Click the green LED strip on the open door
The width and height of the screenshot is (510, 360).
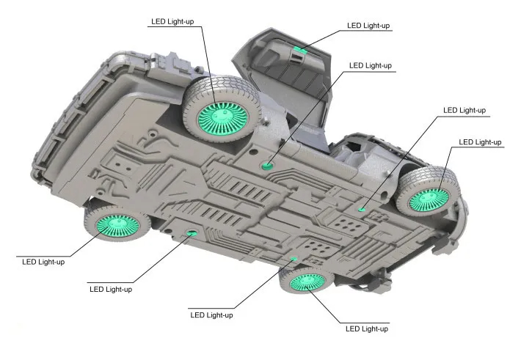point(300,50)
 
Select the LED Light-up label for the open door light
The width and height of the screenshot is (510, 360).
point(368,26)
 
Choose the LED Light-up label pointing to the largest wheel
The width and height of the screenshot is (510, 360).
point(172,21)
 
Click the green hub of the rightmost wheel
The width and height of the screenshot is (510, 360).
point(429,200)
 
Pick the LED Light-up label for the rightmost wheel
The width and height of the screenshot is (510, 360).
point(480,142)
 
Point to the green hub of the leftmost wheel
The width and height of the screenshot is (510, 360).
point(118,226)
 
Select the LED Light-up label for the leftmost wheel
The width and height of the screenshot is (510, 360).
point(43,262)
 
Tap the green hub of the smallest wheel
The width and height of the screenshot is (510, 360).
point(307,282)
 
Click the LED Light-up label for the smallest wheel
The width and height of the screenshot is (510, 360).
point(367,328)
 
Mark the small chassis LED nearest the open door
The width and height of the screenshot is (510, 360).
point(267,166)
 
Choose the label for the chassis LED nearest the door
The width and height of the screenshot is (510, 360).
point(370,65)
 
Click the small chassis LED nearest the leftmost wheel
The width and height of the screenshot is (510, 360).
point(192,232)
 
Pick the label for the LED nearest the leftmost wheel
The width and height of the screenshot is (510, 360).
point(111,289)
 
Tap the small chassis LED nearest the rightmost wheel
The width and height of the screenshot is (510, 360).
point(362,209)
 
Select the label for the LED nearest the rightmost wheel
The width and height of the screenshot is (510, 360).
point(465,110)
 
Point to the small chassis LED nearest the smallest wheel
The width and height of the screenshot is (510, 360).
point(294,259)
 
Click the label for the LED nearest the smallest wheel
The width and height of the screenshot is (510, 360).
point(211,315)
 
